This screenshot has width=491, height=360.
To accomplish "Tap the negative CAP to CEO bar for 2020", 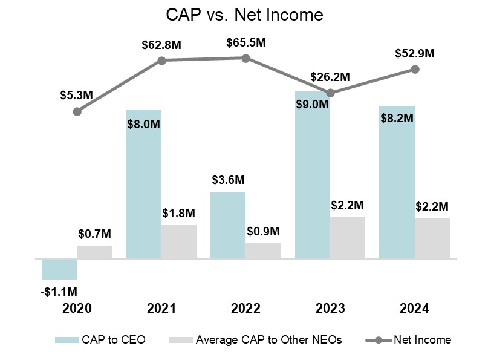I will pyautogui.click(x=59, y=269).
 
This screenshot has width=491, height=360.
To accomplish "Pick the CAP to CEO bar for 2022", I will pyautogui.click(x=228, y=225).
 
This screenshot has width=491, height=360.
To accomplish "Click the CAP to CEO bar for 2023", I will pyautogui.click(x=313, y=175).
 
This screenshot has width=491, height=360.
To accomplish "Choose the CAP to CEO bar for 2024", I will pyautogui.click(x=397, y=182).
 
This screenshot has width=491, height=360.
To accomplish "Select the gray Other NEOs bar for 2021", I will pyautogui.click(x=179, y=242).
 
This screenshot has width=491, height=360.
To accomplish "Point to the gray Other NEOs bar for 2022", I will pyautogui.click(x=263, y=250).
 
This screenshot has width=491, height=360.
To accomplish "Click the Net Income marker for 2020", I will pyautogui.click(x=77, y=111).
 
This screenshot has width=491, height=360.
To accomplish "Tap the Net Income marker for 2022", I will pyautogui.click(x=245, y=58).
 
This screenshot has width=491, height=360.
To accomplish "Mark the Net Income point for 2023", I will pyautogui.click(x=330, y=93).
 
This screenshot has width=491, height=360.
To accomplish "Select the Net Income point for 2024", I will pyautogui.click(x=415, y=69).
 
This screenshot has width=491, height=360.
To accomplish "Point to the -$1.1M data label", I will pyautogui.click(x=59, y=292).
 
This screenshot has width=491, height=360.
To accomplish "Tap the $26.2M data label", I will pyautogui.click(x=330, y=77).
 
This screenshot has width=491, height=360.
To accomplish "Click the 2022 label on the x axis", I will pyautogui.click(x=245, y=309).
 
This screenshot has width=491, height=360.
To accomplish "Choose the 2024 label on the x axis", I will pyautogui.click(x=414, y=309).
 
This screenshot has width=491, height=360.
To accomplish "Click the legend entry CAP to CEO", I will pyautogui.click(x=99, y=339).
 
